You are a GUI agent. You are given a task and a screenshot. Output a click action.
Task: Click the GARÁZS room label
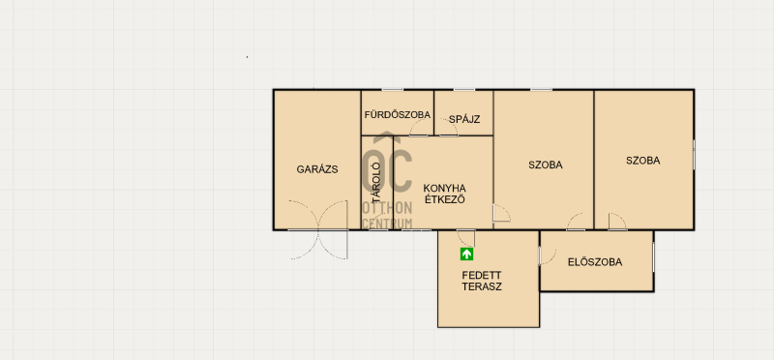click(x=317, y=169)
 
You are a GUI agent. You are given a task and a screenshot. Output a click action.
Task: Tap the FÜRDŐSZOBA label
click(x=398, y=114)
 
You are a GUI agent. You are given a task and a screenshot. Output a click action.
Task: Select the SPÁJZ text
click(x=464, y=119)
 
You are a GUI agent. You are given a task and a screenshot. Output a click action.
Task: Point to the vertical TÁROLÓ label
click(x=377, y=183)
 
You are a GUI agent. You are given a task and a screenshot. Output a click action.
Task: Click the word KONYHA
click(x=445, y=188)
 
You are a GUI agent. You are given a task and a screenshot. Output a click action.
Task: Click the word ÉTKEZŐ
click(x=445, y=200)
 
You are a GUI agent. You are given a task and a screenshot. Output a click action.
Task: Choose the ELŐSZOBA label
click(x=595, y=262)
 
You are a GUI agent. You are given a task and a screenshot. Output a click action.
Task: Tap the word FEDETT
click(x=482, y=275)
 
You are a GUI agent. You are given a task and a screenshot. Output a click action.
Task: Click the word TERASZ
click(x=482, y=286)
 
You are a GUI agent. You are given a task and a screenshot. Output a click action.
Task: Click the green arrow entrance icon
click(x=466, y=255)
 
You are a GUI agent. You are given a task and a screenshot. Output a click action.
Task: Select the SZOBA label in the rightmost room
click(x=642, y=161)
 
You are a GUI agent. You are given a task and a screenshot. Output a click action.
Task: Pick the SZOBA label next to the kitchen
click(x=546, y=165)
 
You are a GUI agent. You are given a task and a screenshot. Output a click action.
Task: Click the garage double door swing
click(x=318, y=229)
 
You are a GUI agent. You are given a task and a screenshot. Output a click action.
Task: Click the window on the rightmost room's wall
click(x=694, y=155)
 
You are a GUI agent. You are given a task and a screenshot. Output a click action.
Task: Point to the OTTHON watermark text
click(x=387, y=208)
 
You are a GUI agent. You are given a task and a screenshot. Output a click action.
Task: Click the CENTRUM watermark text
click(x=387, y=224)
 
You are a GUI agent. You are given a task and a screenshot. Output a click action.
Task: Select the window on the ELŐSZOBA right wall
click(x=654, y=256)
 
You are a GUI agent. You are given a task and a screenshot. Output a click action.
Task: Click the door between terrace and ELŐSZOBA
click(x=548, y=255)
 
